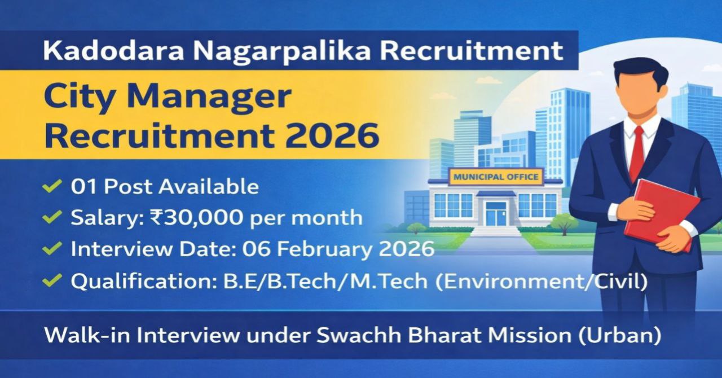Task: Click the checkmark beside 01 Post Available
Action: [x=53, y=187]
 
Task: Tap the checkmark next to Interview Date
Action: [x=53, y=248]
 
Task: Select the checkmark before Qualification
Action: [x=53, y=280]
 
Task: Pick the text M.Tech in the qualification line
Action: [x=399, y=280]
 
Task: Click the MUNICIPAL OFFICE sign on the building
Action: [x=496, y=177]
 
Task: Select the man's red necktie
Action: [x=637, y=152]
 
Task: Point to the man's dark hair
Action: [x=641, y=71]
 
